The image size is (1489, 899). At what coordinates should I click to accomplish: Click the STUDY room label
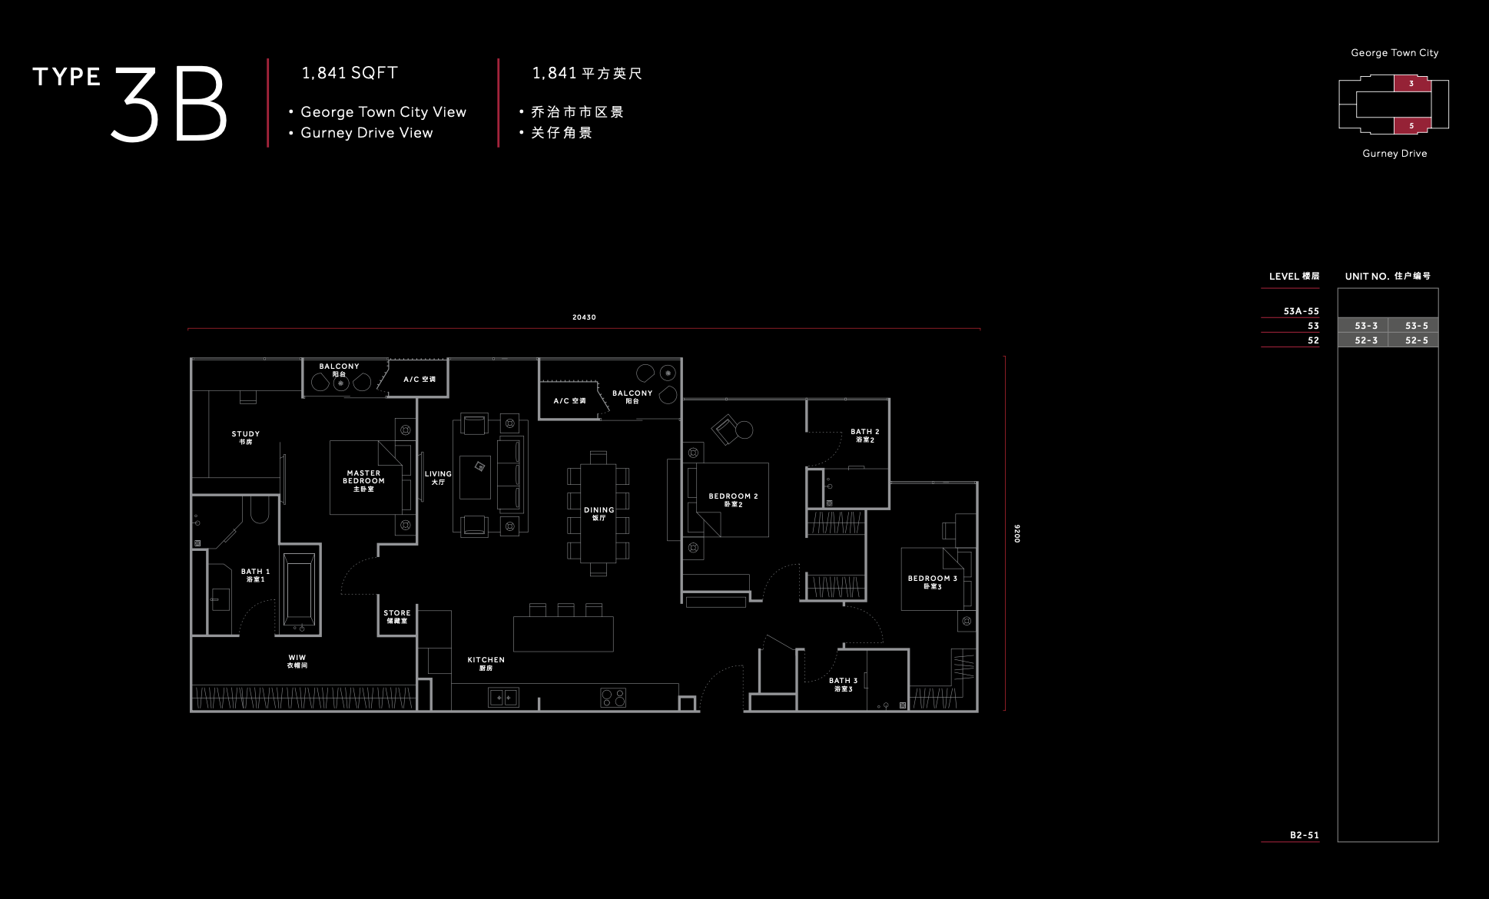pos(246,437)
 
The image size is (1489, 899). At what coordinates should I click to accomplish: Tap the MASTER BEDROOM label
pos(363,481)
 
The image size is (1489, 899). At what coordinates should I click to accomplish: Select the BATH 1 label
pos(255,575)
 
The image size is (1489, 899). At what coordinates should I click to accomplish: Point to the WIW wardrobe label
pos(297,661)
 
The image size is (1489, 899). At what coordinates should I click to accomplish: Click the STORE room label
pos(397,616)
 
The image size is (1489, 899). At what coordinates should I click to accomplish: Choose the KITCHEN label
pos(486,663)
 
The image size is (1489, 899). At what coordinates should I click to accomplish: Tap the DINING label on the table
pos(599,513)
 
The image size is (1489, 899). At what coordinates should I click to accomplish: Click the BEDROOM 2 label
pos(733,499)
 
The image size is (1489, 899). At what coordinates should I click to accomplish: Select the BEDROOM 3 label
pos(933,582)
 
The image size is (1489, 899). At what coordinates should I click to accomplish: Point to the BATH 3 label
pos(843,684)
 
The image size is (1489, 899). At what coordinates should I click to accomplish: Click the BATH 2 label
pos(865,435)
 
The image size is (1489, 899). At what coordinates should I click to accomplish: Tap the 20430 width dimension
pos(584,317)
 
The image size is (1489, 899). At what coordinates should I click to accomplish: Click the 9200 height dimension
pos(1016,533)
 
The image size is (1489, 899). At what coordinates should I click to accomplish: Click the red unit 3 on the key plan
pos(1412,83)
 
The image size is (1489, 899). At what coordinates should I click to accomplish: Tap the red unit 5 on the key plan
pos(1412,125)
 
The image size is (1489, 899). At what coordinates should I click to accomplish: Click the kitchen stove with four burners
pos(613,698)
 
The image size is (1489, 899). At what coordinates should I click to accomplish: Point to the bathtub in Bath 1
pos(299,589)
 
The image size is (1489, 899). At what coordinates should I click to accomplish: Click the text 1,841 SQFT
pos(350,73)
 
